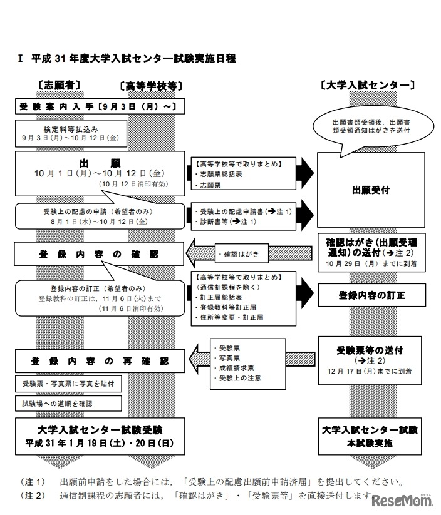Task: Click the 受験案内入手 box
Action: tap(98, 106)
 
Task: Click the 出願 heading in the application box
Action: tap(100, 163)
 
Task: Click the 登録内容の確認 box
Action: tap(100, 255)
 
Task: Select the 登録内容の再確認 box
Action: tap(100, 361)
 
